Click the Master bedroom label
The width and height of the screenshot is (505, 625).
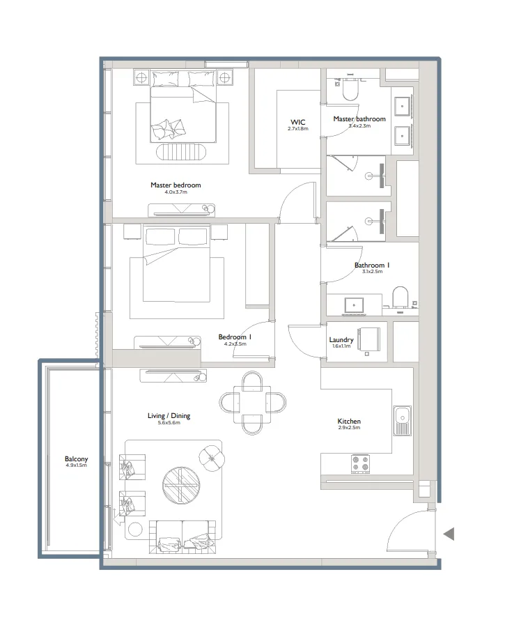(176, 185)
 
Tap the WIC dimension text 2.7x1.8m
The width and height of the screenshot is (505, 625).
(297, 129)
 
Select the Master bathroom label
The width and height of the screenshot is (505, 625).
(359, 119)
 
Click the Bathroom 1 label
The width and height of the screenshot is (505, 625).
(371, 265)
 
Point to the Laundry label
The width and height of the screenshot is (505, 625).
(341, 340)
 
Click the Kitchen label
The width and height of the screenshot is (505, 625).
(349, 422)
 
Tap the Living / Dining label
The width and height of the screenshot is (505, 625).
(169, 416)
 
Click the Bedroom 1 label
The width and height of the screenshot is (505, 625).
(234, 337)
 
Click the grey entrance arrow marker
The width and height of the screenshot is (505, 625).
(449, 534)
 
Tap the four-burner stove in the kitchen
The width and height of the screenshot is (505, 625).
(360, 463)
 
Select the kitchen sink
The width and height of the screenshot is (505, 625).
(402, 421)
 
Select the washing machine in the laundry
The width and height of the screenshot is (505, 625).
(370, 341)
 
